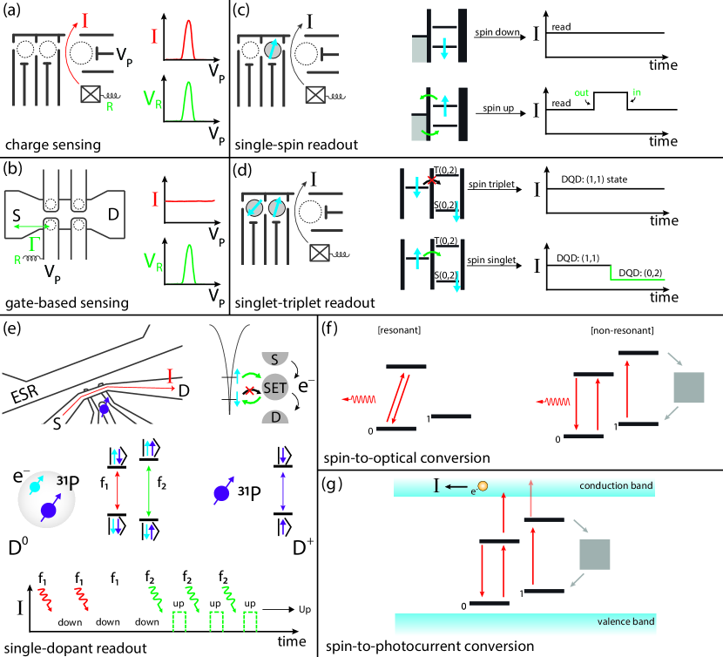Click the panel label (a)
pyautogui.click(x=11, y=10)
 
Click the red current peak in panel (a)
pyautogui.click(x=188, y=40)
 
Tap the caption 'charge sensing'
pyautogui.click(x=53, y=145)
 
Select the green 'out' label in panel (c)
pyautogui.click(x=581, y=92)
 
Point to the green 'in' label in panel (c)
pyautogui.click(x=637, y=92)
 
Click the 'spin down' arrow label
pyautogui.click(x=497, y=32)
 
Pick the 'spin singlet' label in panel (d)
pyautogui.click(x=491, y=261)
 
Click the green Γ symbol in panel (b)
pyautogui.click(x=33, y=243)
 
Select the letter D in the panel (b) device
pyautogui.click(x=113, y=214)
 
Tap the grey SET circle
pyautogui.click(x=274, y=388)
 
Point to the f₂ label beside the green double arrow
pyautogui.click(x=161, y=483)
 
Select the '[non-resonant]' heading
pyautogui.click(x=622, y=330)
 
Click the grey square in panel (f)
pyautogui.click(x=689, y=387)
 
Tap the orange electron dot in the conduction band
pyautogui.click(x=483, y=486)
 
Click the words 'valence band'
pyautogui.click(x=625, y=621)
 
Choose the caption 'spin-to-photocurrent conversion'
pyautogui.click(x=429, y=647)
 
